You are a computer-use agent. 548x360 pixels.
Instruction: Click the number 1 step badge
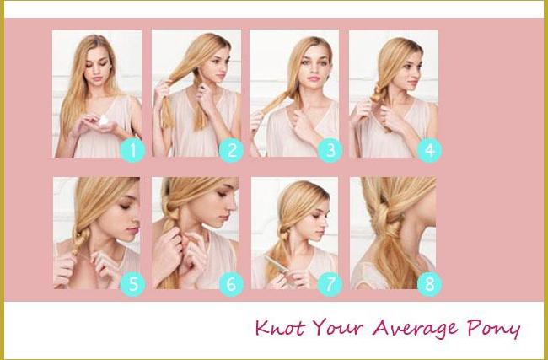(132, 152)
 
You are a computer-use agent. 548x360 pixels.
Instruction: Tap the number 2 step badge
(231, 152)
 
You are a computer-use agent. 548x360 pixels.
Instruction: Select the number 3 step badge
(330, 152)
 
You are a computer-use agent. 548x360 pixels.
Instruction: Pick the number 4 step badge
(429, 152)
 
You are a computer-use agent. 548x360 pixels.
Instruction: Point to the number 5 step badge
(132, 285)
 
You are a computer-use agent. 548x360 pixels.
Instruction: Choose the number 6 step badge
(231, 285)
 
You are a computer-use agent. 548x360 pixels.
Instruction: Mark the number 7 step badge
(330, 285)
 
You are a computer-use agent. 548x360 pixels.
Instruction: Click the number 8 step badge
(429, 285)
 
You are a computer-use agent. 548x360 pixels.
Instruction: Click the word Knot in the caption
(281, 325)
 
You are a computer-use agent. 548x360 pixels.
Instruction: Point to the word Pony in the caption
(493, 327)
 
